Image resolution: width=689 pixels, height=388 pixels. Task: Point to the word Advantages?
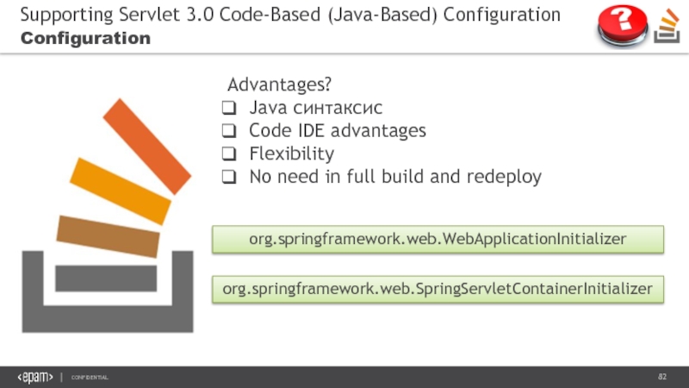pos(279,86)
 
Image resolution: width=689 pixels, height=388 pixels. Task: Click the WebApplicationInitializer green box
pos(438,239)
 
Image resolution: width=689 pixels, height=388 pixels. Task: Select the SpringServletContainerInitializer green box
pos(438,289)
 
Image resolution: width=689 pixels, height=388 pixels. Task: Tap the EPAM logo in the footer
pos(35,378)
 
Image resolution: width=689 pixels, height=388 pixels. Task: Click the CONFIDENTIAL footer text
pos(90,379)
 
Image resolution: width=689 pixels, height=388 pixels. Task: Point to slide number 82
pos(662,378)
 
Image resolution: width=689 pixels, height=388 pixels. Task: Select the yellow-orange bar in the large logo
pos(121,191)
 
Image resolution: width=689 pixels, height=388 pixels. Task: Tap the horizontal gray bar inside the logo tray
pos(106,278)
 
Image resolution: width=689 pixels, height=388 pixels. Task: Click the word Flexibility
pos(291,154)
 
